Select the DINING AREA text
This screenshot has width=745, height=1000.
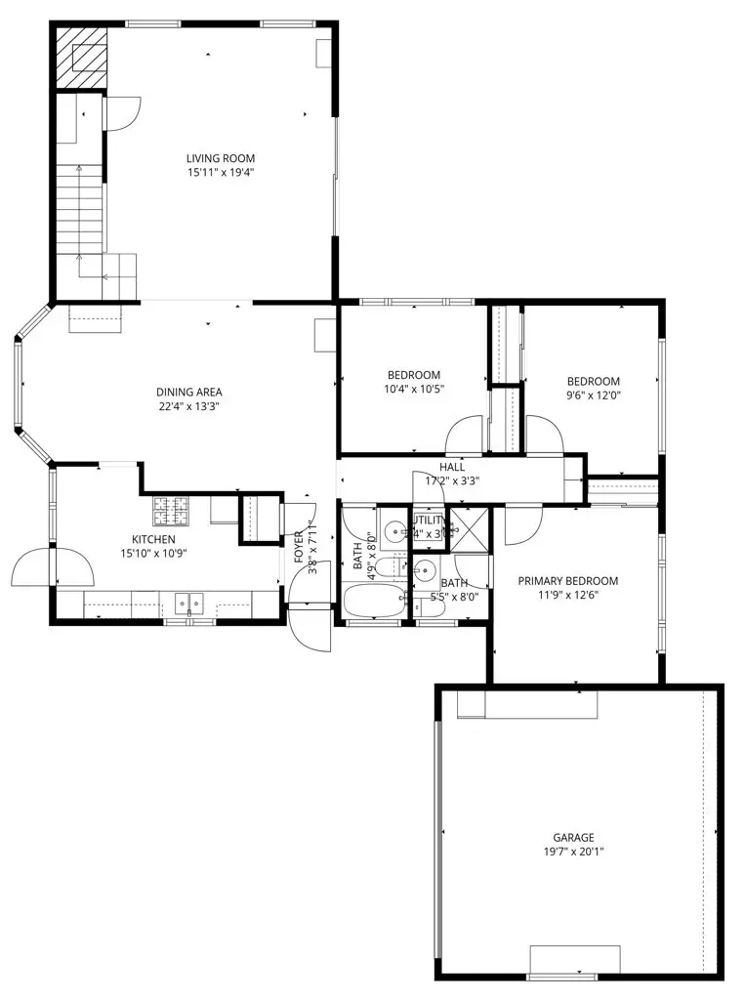coord(188,393)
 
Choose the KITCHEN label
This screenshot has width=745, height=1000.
coord(154,539)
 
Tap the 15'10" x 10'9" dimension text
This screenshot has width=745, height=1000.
coord(154,554)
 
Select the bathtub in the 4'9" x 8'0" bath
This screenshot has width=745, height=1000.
coord(372,601)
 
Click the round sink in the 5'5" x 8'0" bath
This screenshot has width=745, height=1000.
coord(426,569)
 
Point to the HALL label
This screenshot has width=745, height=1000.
coord(451,467)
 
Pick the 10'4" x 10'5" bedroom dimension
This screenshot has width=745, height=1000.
coord(413,389)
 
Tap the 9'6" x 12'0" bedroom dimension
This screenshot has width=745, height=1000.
coord(594,396)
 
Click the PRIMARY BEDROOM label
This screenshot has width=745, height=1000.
coord(567,581)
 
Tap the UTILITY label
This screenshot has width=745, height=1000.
coord(428,521)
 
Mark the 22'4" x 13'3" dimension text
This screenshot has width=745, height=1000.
coord(188,407)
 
